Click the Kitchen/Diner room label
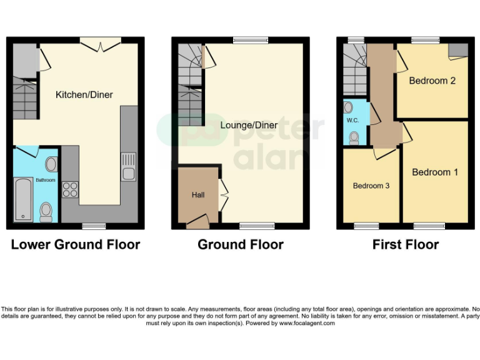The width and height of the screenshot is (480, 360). (84, 94)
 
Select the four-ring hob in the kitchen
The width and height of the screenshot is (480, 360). (69, 189)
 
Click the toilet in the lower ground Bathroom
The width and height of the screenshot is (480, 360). (46, 212)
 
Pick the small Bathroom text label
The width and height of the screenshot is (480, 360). (45, 180)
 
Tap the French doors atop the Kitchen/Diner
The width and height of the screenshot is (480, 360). (100, 43)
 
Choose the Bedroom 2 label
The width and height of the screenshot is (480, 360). (432, 81)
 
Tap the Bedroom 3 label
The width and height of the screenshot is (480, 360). (371, 186)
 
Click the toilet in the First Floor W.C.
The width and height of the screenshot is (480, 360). (354, 137)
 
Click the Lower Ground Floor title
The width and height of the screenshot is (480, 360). (76, 244)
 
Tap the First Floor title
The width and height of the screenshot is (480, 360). (406, 244)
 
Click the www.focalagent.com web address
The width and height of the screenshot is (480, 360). (307, 323)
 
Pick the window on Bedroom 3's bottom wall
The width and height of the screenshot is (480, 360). (367, 225)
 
